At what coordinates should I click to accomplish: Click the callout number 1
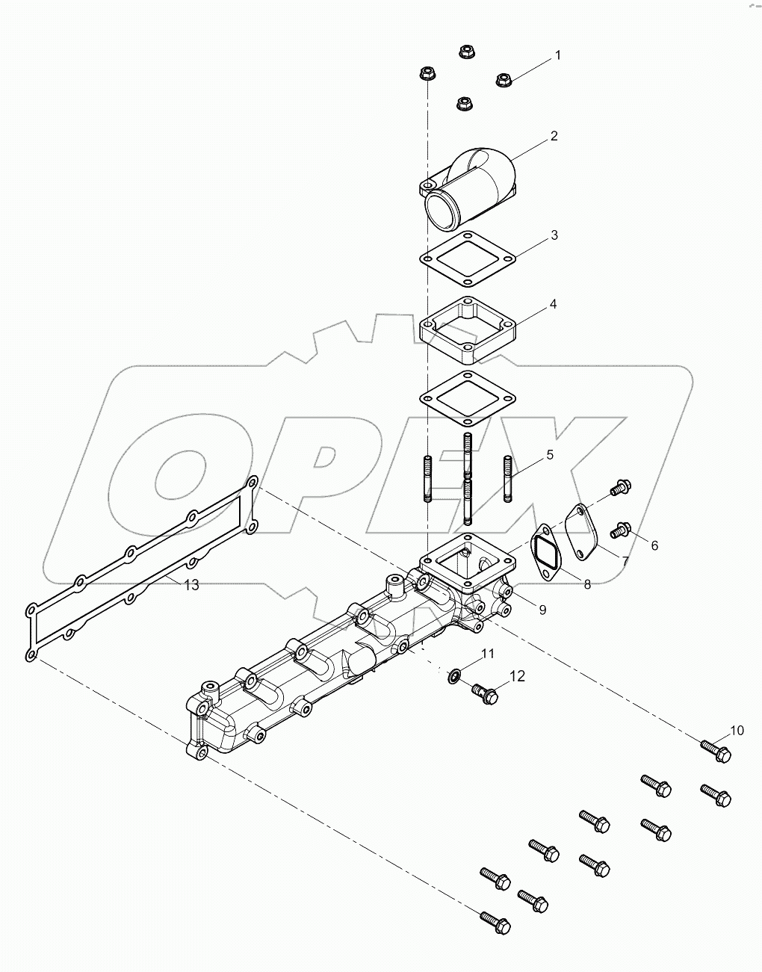click(x=557, y=56)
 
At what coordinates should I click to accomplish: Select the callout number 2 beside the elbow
click(x=554, y=136)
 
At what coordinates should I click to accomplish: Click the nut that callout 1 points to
click(x=504, y=78)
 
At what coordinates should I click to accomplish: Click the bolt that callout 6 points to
click(x=620, y=531)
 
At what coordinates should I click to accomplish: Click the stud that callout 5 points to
click(x=507, y=479)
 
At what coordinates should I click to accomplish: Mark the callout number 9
click(x=542, y=610)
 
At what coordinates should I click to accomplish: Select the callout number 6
click(x=654, y=545)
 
